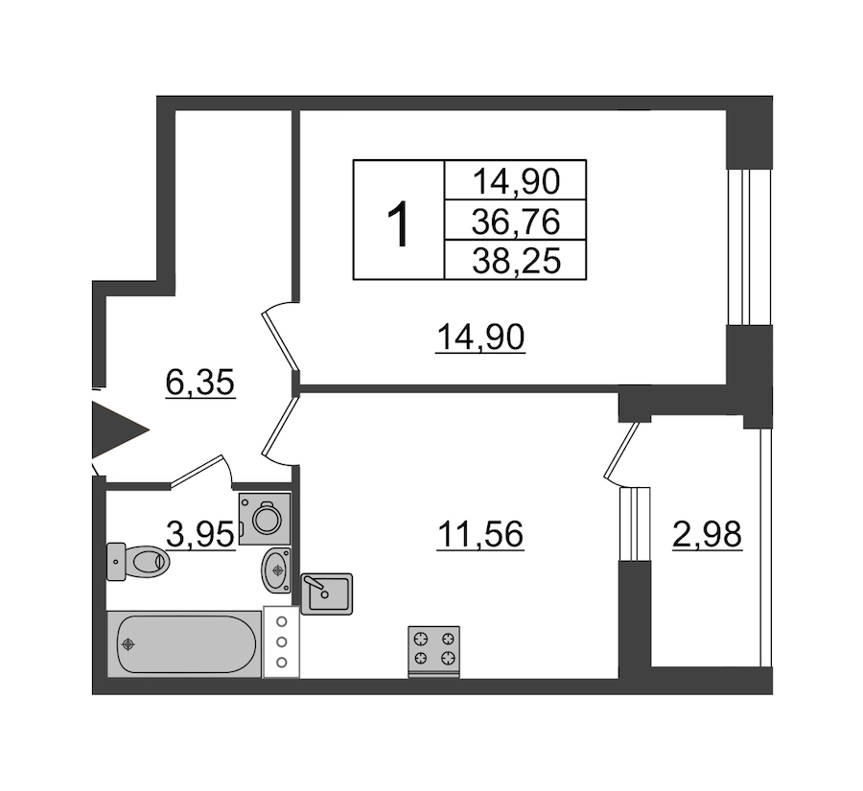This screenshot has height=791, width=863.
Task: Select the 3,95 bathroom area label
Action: tap(200, 533)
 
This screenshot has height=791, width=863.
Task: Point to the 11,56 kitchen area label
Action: tap(480, 533)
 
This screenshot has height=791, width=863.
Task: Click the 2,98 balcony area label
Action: tap(708, 533)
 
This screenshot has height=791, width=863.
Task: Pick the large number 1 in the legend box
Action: tap(398, 224)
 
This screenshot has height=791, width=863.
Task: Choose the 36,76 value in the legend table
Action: tap(516, 221)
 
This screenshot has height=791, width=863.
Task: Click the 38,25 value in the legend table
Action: tap(516, 261)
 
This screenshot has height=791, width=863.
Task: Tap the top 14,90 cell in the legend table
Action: tap(516, 181)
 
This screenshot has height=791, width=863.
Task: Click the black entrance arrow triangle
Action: tap(116, 430)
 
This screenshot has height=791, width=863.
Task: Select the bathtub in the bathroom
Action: tap(184, 643)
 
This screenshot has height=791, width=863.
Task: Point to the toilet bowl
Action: tap(137, 562)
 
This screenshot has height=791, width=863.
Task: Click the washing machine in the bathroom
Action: tap(266, 519)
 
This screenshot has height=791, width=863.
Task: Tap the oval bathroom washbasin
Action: tap(277, 570)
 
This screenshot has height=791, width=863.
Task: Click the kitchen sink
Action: tap(327, 593)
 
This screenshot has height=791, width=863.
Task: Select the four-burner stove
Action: tap(433, 651)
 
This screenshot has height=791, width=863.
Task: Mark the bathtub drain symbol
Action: tap(128, 644)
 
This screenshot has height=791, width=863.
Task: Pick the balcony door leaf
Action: tap(622, 451)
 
